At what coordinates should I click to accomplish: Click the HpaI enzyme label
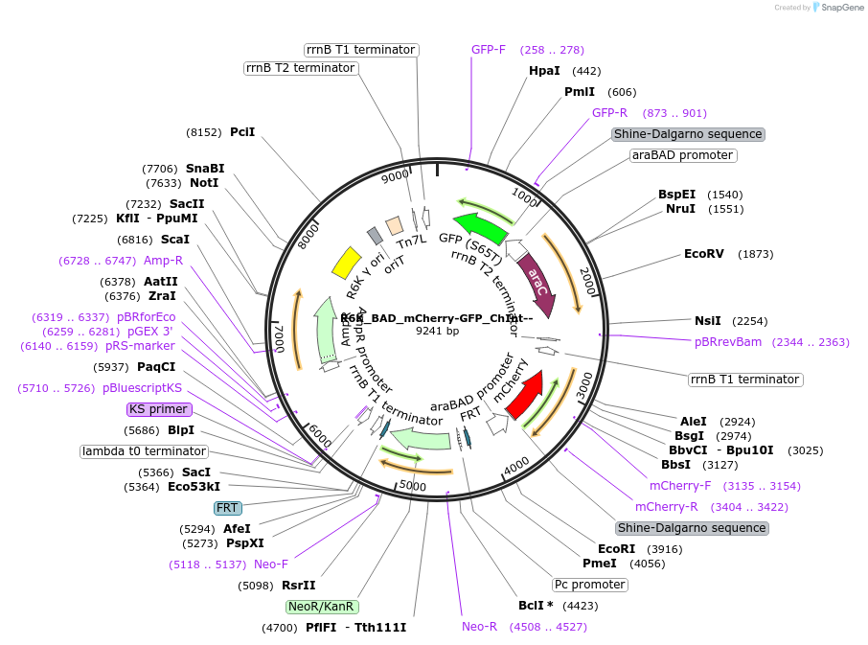pyautogui.click(x=544, y=71)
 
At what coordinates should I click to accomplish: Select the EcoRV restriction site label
pyautogui.click(x=704, y=254)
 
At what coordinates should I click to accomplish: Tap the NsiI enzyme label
pyautogui.click(x=707, y=321)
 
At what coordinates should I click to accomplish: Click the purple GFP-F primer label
pyautogui.click(x=489, y=50)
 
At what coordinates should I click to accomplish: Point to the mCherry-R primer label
pyautogui.click(x=667, y=506)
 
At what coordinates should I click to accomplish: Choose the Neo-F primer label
pyautogui.click(x=271, y=564)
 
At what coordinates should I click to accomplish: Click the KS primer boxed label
pyautogui.click(x=159, y=409)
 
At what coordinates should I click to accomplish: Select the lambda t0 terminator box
pyautogui.click(x=144, y=451)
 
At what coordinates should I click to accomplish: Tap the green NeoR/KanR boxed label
pyautogui.click(x=322, y=607)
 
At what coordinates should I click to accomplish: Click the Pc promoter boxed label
pyautogui.click(x=590, y=585)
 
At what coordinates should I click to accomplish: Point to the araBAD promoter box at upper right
pyautogui.click(x=682, y=155)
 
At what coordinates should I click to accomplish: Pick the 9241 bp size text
pyautogui.click(x=437, y=331)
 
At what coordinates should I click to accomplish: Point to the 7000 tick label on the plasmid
pyautogui.click(x=280, y=336)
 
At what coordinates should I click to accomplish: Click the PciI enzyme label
pyautogui.click(x=242, y=132)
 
